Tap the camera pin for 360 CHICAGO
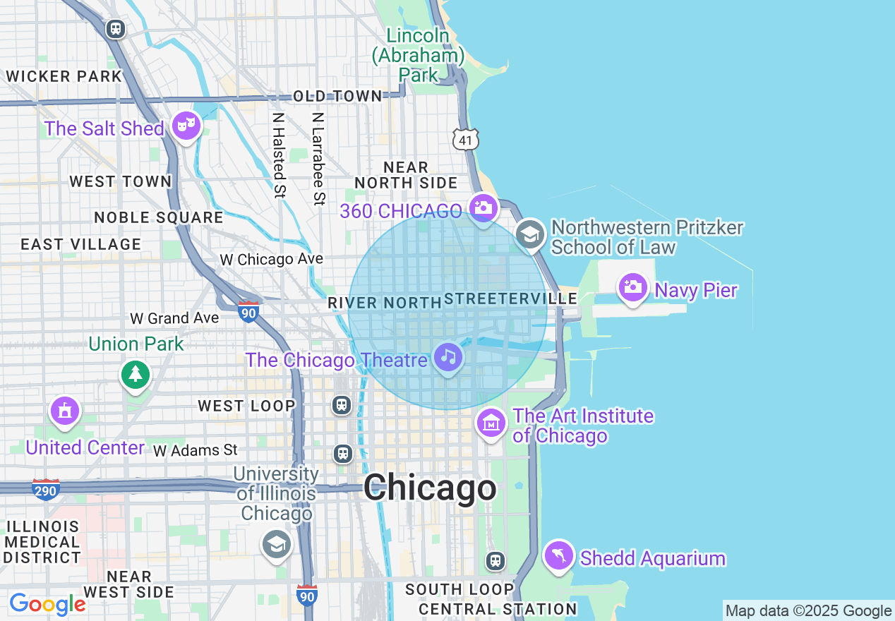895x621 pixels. (483, 207)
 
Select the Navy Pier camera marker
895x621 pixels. (633, 287)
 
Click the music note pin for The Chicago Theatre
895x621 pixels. (448, 357)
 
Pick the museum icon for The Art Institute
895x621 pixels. (491, 423)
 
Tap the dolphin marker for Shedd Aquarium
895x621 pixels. (558, 555)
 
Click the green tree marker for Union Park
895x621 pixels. (136, 373)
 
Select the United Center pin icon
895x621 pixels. (65, 410)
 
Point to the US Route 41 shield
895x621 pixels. (466, 140)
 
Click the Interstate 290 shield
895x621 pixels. (45, 489)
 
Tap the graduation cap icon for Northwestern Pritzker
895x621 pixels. (529, 235)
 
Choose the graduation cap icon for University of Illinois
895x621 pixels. (276, 544)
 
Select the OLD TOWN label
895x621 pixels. (337, 96)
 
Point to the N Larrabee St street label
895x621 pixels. (319, 158)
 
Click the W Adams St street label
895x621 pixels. (196, 450)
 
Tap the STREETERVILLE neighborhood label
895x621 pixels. (511, 299)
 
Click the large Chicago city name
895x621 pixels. (429, 488)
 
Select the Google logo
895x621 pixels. (47, 604)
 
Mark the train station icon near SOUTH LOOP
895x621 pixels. (495, 560)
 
